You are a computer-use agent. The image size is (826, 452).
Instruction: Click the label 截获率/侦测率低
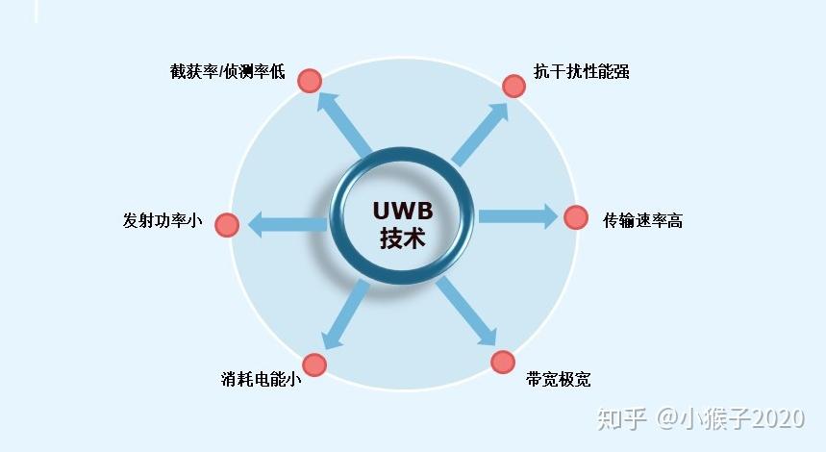[227, 71]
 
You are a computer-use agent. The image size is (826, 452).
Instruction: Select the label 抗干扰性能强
[581, 71]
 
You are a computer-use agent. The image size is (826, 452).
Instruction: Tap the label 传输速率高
[642, 220]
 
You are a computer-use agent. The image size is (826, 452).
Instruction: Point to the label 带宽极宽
[558, 379]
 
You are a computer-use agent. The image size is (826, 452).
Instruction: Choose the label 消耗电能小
[261, 379]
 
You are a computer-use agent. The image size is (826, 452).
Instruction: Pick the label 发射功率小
[163, 220]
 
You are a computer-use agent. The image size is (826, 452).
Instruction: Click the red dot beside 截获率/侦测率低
[310, 81]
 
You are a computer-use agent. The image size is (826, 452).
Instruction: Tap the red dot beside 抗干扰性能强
[513, 86]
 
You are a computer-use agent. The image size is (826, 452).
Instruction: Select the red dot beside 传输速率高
[576, 217]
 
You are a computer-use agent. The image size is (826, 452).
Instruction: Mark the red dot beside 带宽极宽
[503, 363]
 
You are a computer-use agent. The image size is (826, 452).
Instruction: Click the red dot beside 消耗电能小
[314, 365]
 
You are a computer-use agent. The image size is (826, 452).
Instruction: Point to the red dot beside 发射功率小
[227, 225]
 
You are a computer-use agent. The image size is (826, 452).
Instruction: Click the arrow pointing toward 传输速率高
[518, 216]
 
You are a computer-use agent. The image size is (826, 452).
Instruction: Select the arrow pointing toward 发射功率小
[288, 224]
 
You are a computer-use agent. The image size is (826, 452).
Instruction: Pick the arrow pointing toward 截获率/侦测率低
[344, 125]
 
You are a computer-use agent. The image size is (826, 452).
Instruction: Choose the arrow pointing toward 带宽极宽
[466, 311]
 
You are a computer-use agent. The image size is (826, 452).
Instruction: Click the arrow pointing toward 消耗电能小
[346, 314]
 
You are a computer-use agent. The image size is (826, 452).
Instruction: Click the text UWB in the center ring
[403, 211]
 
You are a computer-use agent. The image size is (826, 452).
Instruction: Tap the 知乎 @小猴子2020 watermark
[701, 418]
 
